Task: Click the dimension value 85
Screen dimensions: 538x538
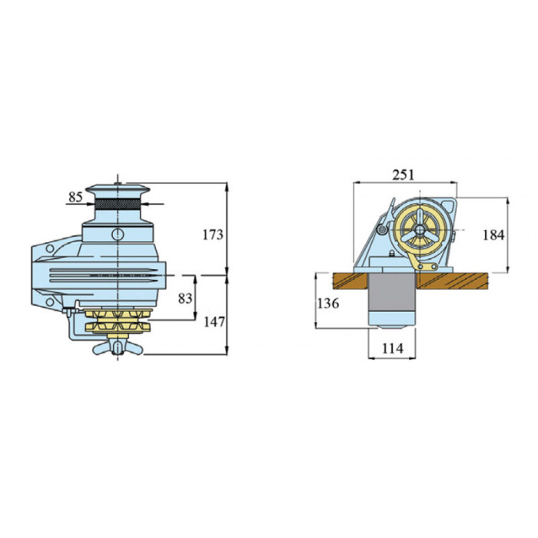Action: (x=75, y=197)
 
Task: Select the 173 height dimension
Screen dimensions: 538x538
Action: (x=213, y=234)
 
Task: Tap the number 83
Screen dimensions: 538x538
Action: (x=185, y=298)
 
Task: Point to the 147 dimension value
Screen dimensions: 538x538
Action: (x=214, y=322)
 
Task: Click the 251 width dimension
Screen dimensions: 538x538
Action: (x=403, y=174)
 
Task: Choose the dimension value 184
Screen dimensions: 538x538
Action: (x=493, y=235)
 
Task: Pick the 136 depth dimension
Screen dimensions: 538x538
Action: (x=328, y=304)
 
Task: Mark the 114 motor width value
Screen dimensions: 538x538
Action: (x=393, y=349)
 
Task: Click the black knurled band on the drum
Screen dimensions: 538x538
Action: (x=118, y=204)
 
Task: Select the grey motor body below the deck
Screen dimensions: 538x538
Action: (x=391, y=292)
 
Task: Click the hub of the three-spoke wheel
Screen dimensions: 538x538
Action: (x=420, y=230)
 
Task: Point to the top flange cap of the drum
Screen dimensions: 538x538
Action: (x=118, y=189)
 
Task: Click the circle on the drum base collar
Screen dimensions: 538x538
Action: (x=118, y=234)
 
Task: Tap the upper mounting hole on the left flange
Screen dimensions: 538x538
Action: (x=50, y=248)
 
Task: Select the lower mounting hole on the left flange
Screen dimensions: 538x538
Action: (x=50, y=302)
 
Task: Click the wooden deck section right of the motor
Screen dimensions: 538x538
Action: (x=452, y=281)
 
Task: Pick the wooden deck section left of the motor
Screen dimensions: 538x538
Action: (x=350, y=281)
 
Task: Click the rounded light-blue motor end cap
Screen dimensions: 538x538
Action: (x=391, y=320)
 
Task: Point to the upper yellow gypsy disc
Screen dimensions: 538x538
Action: (x=118, y=314)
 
